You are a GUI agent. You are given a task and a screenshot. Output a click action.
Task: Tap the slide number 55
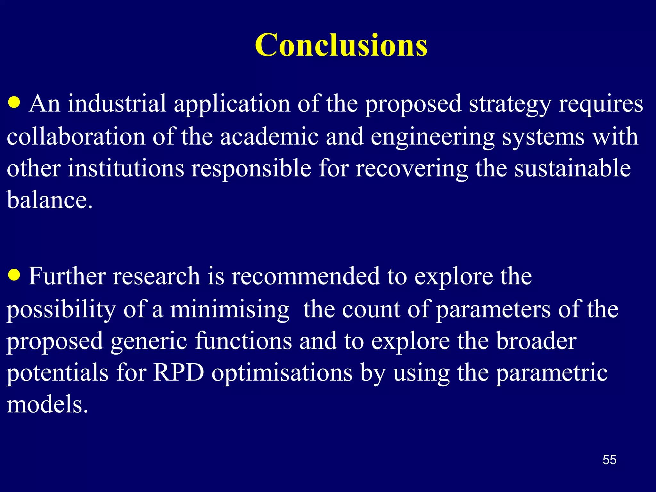click(x=609, y=460)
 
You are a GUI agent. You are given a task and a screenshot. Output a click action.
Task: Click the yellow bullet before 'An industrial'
click(x=14, y=103)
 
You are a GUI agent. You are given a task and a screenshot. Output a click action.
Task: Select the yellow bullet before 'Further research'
click(x=14, y=275)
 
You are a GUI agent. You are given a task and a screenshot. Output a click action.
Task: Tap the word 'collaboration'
click(x=76, y=136)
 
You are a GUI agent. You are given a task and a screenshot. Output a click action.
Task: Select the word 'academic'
click(x=269, y=136)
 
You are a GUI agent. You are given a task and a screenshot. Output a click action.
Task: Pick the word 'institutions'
click(x=126, y=168)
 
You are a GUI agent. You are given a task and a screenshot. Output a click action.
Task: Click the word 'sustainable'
click(x=572, y=168)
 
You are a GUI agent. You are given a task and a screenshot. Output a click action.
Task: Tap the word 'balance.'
click(x=50, y=200)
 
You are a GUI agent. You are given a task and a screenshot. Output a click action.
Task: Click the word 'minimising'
click(x=229, y=310)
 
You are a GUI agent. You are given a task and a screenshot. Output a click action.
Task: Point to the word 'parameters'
click(x=493, y=310)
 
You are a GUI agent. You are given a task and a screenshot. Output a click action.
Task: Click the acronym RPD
click(x=178, y=373)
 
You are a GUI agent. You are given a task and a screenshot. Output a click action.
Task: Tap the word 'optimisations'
click(x=282, y=373)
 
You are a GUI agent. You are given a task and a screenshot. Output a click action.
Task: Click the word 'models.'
click(x=47, y=404)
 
